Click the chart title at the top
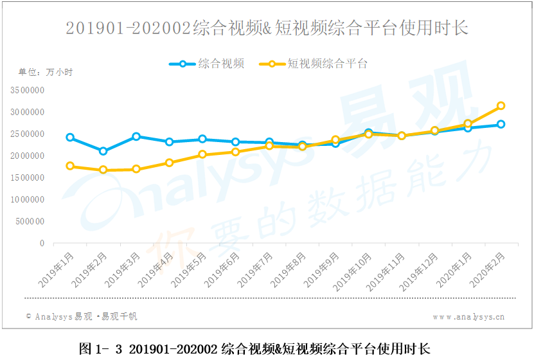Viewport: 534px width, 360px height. click(x=267, y=28)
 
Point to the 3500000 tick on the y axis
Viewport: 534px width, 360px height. click(x=27, y=91)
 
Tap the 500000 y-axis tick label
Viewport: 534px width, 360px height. click(x=29, y=222)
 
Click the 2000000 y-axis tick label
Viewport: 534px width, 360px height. click(x=27, y=156)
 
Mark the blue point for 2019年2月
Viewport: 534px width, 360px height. click(x=103, y=151)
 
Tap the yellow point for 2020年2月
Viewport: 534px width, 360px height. click(x=501, y=105)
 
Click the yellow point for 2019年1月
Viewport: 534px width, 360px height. click(x=70, y=166)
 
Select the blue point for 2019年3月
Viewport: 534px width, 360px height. click(x=136, y=136)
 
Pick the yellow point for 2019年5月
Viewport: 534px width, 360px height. click(x=202, y=154)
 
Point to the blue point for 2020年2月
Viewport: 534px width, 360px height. click(x=501, y=124)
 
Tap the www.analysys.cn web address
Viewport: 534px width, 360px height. click(x=468, y=317)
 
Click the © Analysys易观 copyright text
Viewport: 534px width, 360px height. click(x=81, y=316)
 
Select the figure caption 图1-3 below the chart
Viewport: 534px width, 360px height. click(x=254, y=348)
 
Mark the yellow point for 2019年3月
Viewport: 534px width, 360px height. click(x=136, y=169)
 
